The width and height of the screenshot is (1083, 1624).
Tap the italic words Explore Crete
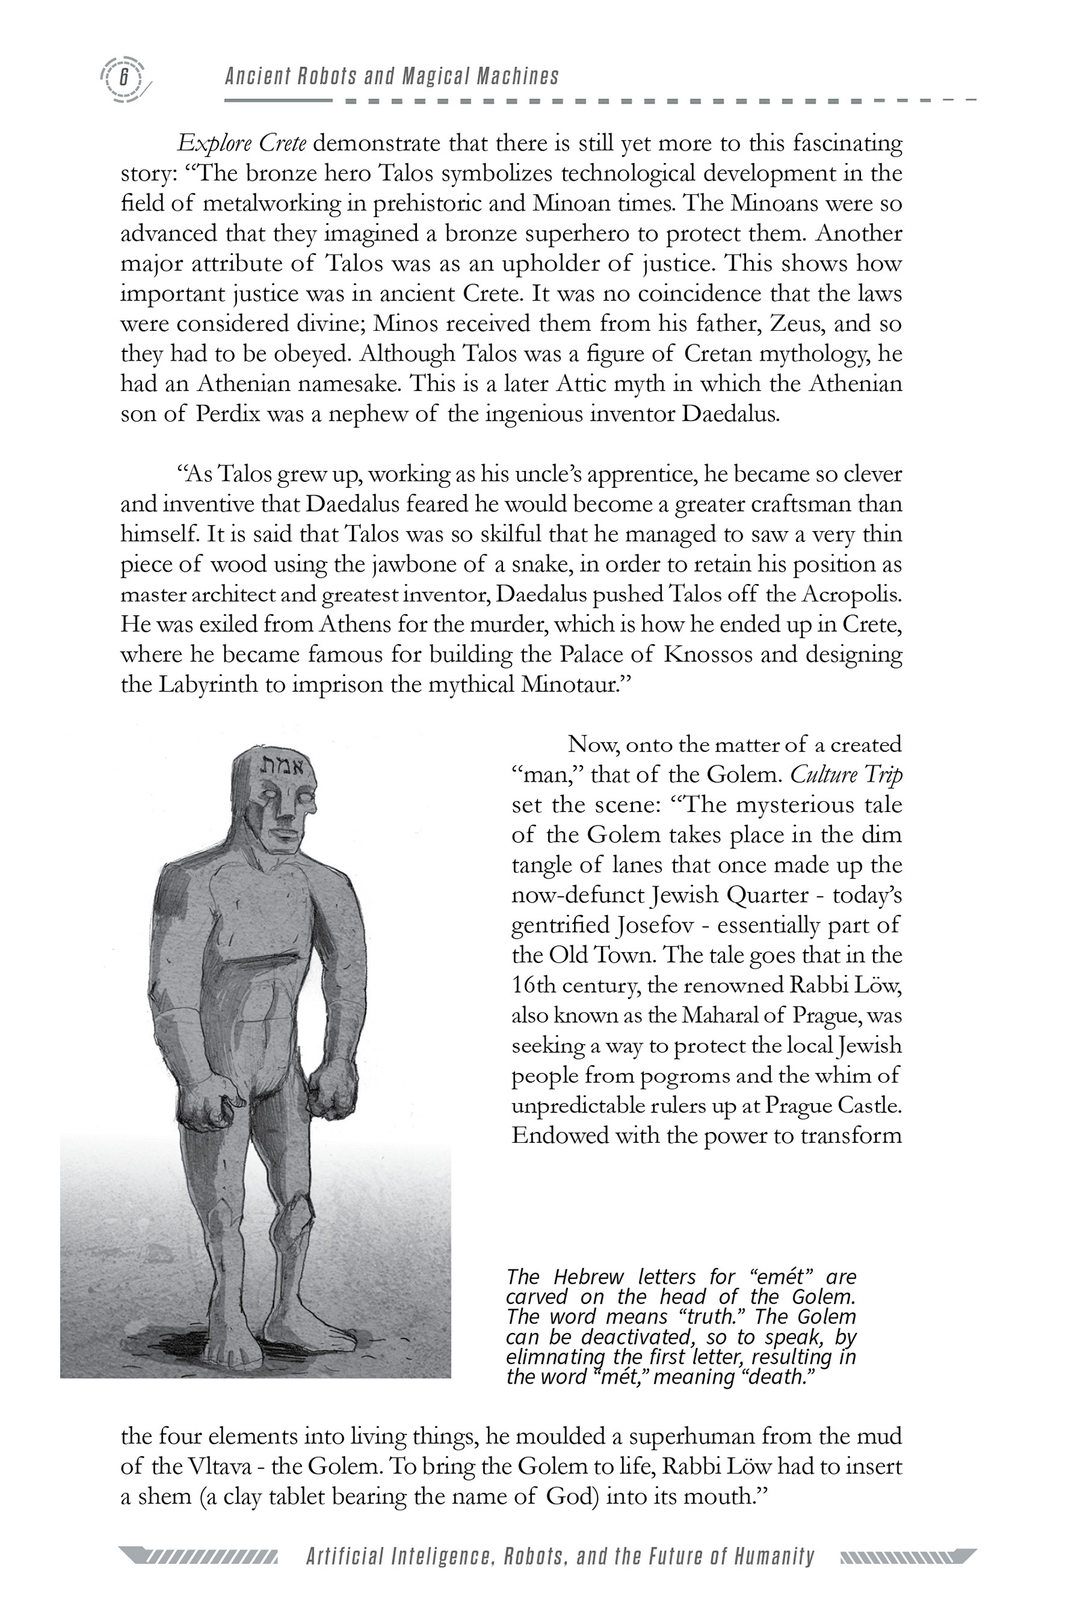coord(242,143)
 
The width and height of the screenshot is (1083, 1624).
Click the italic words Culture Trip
coord(845,775)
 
